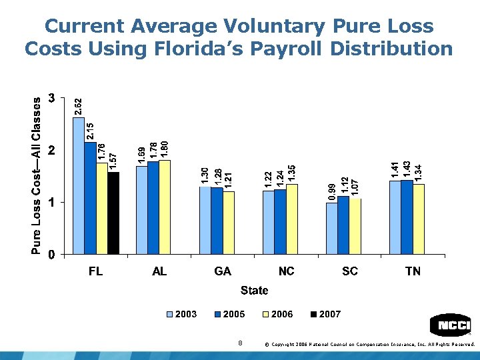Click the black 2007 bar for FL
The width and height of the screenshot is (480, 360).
(x=113, y=213)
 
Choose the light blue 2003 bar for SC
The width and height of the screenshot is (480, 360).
(x=331, y=228)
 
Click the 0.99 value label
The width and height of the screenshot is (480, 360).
(x=331, y=192)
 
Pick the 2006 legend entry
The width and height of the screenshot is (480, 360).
(x=276, y=314)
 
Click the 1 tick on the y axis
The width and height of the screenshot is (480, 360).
(x=51, y=202)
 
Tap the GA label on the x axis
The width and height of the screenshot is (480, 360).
(x=223, y=271)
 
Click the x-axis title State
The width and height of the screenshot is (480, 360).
(x=254, y=290)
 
